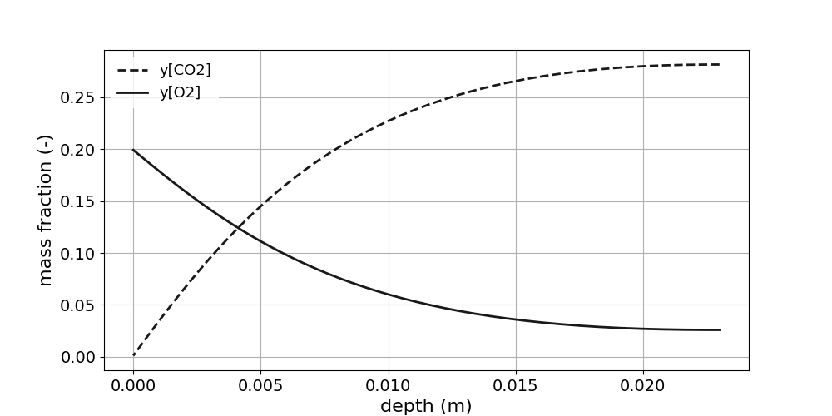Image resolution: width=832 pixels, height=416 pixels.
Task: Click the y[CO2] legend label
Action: click(x=185, y=70)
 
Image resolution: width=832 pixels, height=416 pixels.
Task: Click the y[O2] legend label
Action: click(x=180, y=92)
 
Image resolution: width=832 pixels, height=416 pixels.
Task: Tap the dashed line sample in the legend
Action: click(x=133, y=71)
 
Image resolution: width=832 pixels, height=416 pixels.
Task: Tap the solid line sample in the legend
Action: click(x=133, y=93)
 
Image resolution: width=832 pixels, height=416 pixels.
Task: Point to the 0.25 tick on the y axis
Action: click(x=78, y=98)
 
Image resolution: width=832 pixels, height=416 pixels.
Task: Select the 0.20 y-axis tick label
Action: click(x=78, y=150)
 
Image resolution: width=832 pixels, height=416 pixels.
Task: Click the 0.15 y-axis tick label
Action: click(x=78, y=201)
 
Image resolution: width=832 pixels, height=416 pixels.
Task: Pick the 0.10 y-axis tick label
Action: click(x=78, y=254)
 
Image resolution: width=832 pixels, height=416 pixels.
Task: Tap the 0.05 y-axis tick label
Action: click(x=78, y=305)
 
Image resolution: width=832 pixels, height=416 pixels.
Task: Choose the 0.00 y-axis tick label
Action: click(x=78, y=357)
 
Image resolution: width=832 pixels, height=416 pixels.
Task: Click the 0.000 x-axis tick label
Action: click(x=133, y=386)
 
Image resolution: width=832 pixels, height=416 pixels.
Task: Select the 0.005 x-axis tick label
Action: click(x=260, y=386)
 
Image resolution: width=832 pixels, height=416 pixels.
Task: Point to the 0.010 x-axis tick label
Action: click(x=388, y=386)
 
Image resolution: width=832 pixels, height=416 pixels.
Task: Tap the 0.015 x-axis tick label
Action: click(x=516, y=386)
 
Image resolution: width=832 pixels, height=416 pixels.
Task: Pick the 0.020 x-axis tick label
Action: click(x=643, y=386)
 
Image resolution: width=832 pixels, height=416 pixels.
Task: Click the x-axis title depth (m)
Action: click(x=426, y=406)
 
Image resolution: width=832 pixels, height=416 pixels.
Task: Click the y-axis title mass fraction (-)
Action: click(x=46, y=210)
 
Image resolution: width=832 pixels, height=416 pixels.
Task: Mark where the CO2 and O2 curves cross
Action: click(x=238, y=226)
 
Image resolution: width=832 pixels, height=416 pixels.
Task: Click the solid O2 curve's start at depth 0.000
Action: click(x=133, y=150)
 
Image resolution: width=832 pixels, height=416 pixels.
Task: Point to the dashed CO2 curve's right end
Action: click(x=720, y=64)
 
